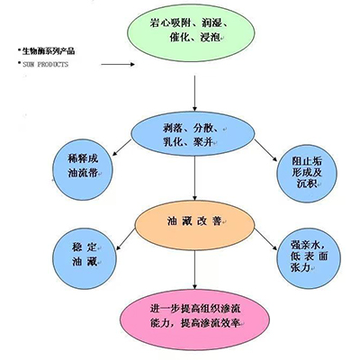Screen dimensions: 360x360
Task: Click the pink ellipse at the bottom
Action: point(195,314)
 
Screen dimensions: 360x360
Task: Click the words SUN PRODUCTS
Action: point(45,66)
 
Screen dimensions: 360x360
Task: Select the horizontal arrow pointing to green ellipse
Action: point(121,65)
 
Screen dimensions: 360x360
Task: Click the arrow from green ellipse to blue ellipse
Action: point(195,94)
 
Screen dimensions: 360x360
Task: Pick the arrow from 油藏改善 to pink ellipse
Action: point(195,267)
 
